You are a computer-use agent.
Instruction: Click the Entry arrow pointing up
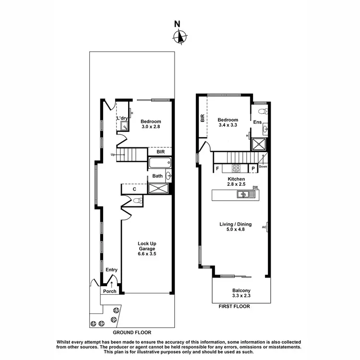(x=112, y=285)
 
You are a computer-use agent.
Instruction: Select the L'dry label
(x=122, y=118)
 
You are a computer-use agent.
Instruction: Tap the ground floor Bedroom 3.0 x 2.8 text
(x=150, y=124)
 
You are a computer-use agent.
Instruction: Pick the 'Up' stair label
(x=113, y=155)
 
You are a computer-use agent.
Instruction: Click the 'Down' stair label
(x=263, y=167)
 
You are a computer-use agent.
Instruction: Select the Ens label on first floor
(x=258, y=122)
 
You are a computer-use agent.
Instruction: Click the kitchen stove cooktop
(x=237, y=168)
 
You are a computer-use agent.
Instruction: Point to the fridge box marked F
(x=218, y=168)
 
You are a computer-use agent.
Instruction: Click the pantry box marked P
(x=253, y=168)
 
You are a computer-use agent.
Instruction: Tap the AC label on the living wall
(x=264, y=227)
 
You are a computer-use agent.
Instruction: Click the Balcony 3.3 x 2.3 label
(x=241, y=293)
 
